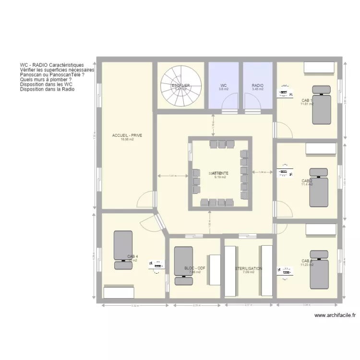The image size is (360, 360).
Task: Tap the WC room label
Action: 224,85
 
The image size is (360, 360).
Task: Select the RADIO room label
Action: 258,85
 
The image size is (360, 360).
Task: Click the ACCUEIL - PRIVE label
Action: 127,135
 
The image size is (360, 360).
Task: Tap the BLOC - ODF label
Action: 195,269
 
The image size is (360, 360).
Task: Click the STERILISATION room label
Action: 248,269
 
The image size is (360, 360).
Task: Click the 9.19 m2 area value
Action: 220,177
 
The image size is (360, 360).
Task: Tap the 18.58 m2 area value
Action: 127,140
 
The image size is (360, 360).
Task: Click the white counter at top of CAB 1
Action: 321,69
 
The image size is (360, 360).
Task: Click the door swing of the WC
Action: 230,102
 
